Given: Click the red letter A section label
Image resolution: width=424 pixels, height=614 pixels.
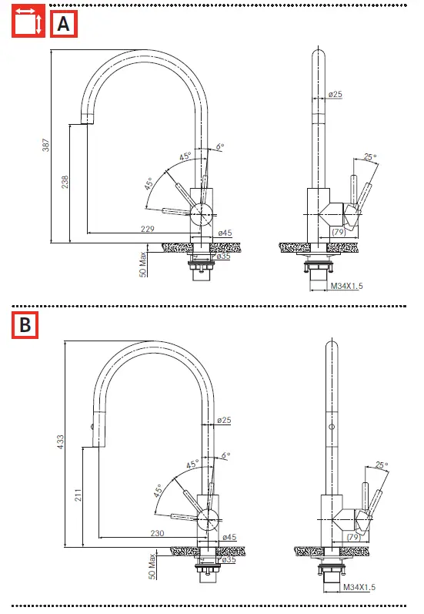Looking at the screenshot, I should pos(64,25).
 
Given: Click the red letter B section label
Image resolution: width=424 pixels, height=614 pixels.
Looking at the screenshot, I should pos(25,325).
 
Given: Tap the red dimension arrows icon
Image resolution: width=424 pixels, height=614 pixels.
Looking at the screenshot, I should pos(27,22).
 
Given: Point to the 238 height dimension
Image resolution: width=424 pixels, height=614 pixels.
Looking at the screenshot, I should pos(65,182).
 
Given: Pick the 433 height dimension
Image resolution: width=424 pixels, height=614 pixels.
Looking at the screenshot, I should pos(61,442).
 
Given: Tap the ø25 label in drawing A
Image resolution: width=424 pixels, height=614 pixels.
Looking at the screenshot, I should pos(335,95).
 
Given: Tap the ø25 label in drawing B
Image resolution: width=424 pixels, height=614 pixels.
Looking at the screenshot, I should pos(224,421).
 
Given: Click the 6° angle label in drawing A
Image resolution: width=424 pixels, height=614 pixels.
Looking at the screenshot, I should pos(220,146).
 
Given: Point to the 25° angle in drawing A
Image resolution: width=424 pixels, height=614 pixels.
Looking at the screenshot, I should pos(371,157).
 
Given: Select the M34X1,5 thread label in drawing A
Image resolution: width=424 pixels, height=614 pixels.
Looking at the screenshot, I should pos(347,287).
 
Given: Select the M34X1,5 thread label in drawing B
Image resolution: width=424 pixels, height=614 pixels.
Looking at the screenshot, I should pos(359,587).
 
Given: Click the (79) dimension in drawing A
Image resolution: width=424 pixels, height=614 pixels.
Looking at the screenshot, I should pos(338,231).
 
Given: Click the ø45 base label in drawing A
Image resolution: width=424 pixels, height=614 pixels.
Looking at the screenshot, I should pos(225,232).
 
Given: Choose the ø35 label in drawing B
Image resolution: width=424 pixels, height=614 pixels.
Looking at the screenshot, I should pos(228,559).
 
